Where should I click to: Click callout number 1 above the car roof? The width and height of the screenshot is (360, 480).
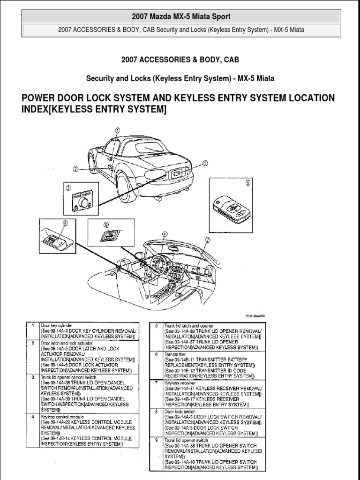coord(118,131)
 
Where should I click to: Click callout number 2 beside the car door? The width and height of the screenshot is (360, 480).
coord(75,169)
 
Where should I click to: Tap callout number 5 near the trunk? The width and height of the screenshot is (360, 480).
coord(204,163)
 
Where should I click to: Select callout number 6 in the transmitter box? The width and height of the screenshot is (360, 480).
coord(248,183)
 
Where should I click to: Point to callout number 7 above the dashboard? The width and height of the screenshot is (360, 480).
coord(208,240)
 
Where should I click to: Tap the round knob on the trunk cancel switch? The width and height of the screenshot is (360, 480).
coord(84,202)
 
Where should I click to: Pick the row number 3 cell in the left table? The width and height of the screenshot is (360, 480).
coord(32,376)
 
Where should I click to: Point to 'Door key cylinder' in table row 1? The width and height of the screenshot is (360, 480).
coord(56,325)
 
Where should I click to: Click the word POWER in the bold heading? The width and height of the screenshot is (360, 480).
coord(40,98)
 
